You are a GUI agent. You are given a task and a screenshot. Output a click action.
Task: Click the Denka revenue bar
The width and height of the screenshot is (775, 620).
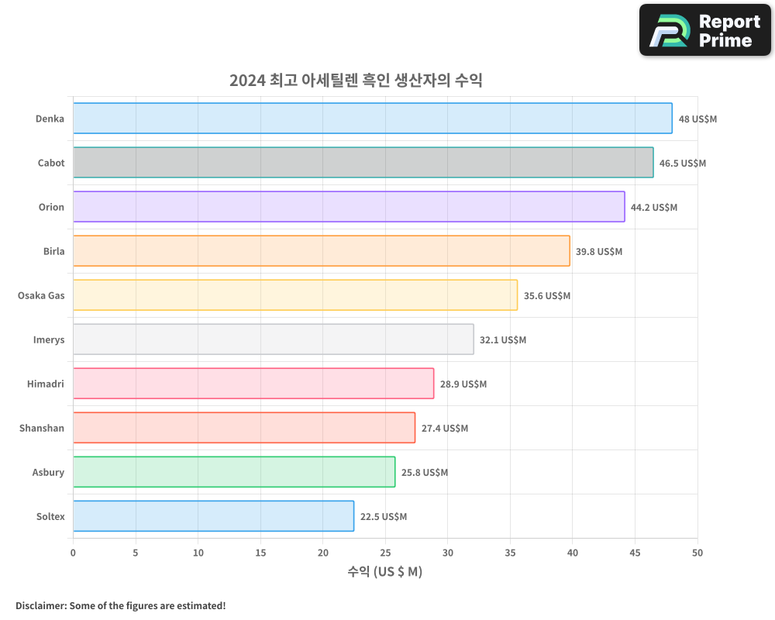click(372, 119)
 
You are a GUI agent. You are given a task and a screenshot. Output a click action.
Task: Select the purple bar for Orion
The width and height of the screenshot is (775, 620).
click(349, 207)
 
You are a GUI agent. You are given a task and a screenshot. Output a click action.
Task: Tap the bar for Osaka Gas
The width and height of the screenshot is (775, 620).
click(295, 295)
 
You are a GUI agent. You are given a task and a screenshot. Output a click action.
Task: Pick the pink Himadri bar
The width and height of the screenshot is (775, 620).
click(253, 384)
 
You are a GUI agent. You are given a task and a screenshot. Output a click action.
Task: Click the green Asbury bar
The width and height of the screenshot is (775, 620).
click(234, 472)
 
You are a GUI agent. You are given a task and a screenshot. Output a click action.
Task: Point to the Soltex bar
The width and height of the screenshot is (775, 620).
click(213, 516)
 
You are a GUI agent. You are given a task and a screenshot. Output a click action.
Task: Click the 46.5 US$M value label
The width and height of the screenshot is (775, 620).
click(683, 164)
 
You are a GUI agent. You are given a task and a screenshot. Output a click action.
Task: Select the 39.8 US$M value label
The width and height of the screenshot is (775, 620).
click(599, 252)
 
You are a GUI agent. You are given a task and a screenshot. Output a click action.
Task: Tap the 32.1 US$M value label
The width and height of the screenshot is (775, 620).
click(503, 340)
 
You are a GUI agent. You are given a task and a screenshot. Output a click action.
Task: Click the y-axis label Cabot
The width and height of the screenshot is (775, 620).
click(51, 164)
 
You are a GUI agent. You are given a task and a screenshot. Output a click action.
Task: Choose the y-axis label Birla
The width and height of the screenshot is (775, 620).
click(54, 252)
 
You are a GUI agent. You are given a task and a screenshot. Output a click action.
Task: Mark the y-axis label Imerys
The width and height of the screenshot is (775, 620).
click(49, 340)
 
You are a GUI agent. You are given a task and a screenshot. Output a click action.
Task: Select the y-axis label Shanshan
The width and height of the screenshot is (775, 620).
click(42, 429)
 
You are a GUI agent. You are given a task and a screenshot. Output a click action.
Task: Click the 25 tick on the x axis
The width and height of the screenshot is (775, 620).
click(385, 553)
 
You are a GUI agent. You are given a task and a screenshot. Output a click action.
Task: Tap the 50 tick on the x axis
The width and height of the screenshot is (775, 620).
click(697, 553)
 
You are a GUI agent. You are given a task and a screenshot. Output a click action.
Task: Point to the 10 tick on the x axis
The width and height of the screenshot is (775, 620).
click(198, 553)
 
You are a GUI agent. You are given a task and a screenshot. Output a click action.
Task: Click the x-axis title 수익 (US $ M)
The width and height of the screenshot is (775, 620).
click(385, 572)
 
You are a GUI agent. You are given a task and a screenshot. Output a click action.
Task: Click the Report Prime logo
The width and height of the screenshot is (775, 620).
click(705, 30)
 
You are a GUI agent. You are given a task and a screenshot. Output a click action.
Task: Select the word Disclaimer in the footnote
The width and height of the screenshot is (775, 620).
click(40, 606)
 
